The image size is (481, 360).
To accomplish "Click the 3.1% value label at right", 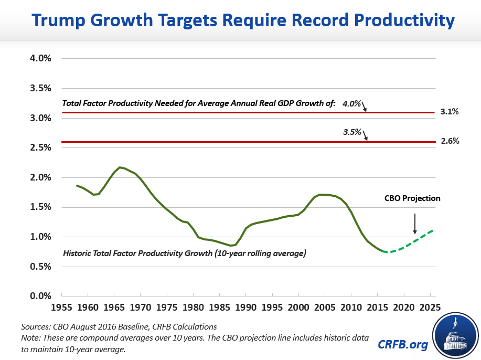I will tap(450, 112).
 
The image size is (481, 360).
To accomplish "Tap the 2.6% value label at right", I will tap(450, 141).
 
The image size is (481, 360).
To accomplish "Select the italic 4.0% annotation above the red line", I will tap(351, 104).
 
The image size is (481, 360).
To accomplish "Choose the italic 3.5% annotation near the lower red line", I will tap(351, 132).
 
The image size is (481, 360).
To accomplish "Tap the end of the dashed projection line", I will tap(433, 230).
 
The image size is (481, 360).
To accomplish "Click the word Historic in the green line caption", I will tap(79, 253).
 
